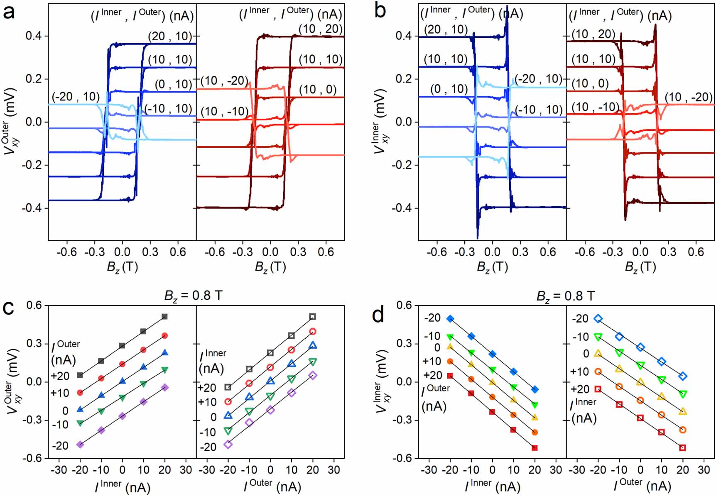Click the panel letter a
(9, 12)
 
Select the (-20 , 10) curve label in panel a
(76, 97)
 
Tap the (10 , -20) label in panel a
(224, 81)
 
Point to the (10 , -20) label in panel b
(688, 97)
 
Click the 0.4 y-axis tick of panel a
(34, 36)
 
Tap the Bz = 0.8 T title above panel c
(193, 296)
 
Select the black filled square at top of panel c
(164, 317)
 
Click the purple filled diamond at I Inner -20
(80, 445)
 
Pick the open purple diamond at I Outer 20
(313, 375)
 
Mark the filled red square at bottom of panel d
(535, 447)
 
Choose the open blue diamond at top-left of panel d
(598, 318)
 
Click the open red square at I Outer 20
(682, 447)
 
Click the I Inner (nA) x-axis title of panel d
(492, 486)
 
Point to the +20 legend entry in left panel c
(60, 376)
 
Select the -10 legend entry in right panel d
(581, 337)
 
